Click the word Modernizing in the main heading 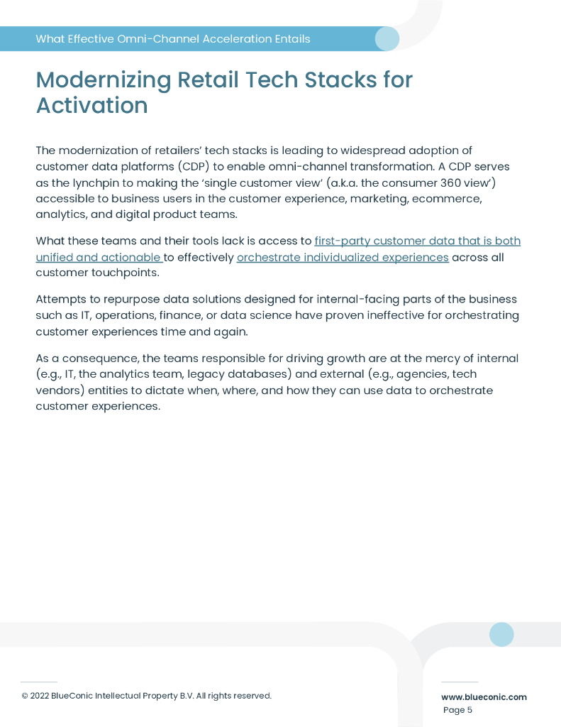[104, 80]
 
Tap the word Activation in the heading [91, 105]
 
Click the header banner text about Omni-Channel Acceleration [172, 39]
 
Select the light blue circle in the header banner [387, 38]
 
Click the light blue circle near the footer [501, 634]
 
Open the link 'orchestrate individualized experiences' [343, 257]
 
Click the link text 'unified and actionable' [98, 257]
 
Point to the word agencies [416, 374]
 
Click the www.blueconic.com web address [484, 697]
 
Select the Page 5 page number [457, 710]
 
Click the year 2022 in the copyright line [40, 696]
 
